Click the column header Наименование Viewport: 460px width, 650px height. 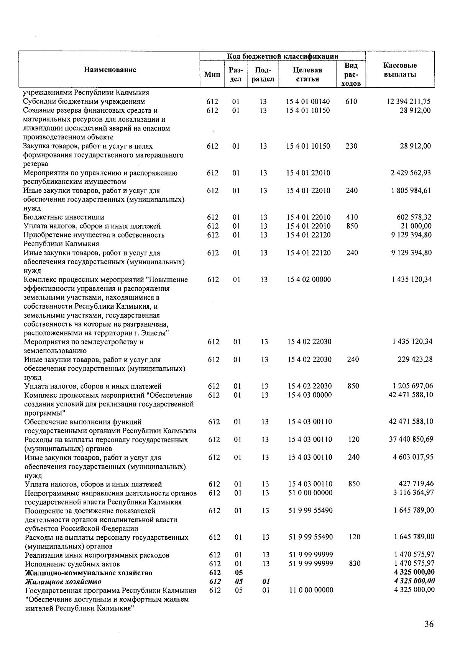pos(110,70)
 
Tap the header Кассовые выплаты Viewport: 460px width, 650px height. pos(400,70)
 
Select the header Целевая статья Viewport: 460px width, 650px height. pos(307,74)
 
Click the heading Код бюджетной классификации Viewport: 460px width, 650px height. pos(283,56)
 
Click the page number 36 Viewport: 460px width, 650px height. pos(429,624)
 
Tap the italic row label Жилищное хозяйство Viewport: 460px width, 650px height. pos(63,582)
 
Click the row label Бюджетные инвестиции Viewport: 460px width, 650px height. pos(64,217)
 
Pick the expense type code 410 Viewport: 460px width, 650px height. pos(352,217)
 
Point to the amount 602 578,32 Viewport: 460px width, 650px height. pos(414,217)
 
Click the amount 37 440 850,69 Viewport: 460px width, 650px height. pos(411,439)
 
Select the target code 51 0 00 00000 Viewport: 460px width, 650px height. pos(310,493)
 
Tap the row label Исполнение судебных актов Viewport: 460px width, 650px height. pos(72,564)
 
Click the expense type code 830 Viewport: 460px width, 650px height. pos(354,563)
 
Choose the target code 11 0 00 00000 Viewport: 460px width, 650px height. pos(310,590)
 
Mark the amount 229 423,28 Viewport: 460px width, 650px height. pos(415,360)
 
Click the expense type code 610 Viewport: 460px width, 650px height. pos(351,102)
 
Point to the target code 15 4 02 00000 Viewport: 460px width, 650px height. pos(309,280)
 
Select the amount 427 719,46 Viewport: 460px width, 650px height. pos(415,484)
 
